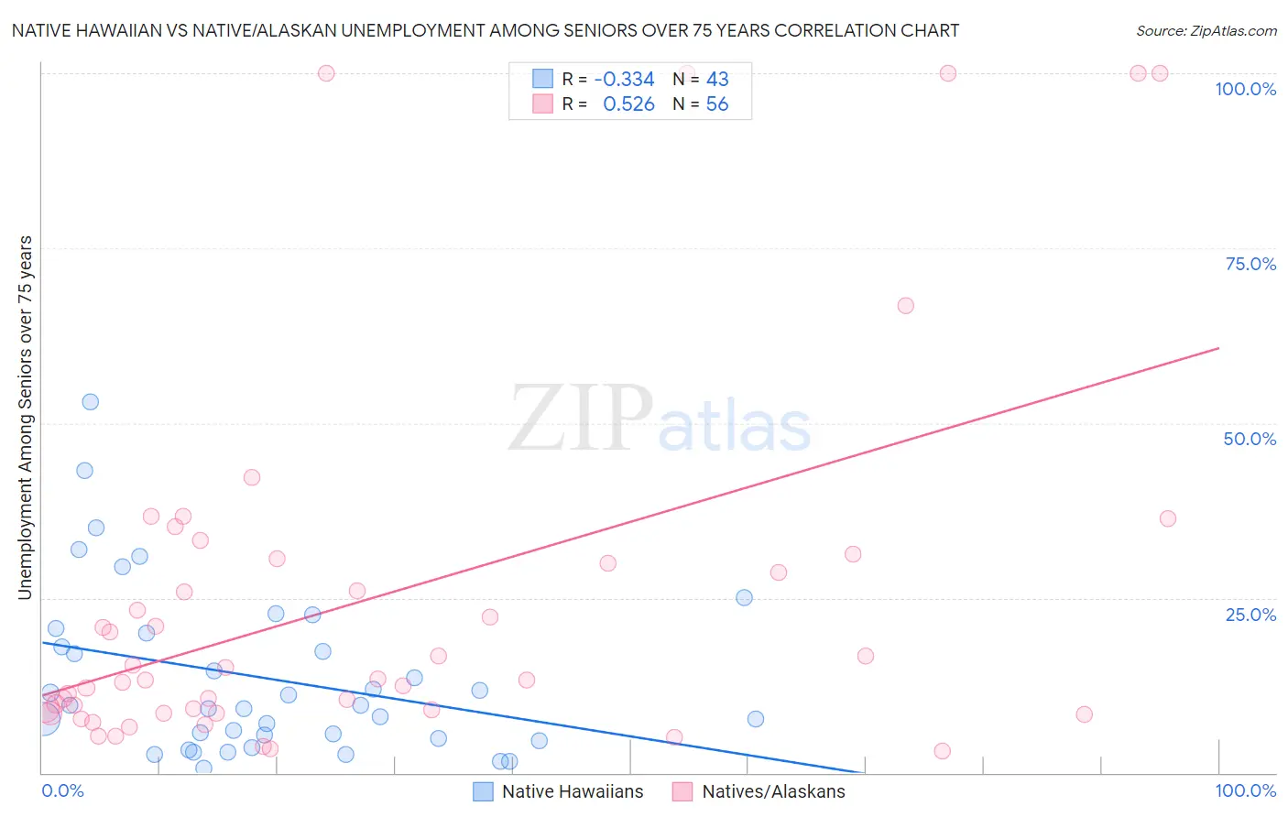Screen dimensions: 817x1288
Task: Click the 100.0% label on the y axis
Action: point(1245,89)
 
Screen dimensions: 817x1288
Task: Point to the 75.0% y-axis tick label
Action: point(1250,264)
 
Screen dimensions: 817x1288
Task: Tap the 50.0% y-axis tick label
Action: point(1250,439)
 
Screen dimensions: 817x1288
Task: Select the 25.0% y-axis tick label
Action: point(1250,614)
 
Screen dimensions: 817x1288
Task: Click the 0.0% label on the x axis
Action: point(62,790)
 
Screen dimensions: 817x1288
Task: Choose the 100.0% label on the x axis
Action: point(1245,790)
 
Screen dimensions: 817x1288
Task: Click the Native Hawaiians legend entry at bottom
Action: point(558,791)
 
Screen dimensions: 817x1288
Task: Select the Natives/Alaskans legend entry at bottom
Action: point(759,791)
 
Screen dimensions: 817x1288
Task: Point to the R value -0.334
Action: point(624,80)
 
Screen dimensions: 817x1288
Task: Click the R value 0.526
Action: point(628,104)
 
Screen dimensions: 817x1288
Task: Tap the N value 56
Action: point(717,104)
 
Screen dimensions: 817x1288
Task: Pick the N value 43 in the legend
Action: point(717,80)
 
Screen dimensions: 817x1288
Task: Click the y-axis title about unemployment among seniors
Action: point(25,418)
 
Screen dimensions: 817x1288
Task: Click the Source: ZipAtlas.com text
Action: point(1206,30)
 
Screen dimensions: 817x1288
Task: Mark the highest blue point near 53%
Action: point(90,401)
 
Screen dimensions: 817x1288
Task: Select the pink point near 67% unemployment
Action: point(905,306)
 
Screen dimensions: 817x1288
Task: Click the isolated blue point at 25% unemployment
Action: point(744,597)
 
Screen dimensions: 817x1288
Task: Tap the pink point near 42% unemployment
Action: point(252,477)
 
